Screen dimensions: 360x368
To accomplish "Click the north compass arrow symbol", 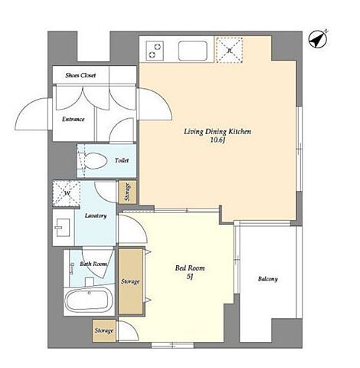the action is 318,39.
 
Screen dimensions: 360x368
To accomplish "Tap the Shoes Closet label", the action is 80,75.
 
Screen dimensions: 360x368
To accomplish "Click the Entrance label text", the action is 74,119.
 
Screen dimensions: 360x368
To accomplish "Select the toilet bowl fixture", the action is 95,161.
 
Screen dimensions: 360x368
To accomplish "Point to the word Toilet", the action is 122,160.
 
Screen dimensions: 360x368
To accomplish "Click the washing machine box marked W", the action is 67,193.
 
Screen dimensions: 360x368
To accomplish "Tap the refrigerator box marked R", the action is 229,50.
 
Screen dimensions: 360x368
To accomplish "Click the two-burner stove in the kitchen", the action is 155,51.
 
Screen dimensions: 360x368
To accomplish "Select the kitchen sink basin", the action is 193,51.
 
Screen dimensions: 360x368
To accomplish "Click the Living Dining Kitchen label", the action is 218,132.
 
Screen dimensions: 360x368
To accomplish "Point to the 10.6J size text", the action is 218,140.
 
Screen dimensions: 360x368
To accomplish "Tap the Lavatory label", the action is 96,215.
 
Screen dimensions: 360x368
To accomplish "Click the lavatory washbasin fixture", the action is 63,227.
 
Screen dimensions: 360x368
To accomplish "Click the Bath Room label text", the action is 93,264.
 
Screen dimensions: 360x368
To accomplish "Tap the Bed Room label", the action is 190,268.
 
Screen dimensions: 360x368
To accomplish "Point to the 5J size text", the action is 190,277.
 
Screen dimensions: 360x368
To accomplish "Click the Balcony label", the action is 267,279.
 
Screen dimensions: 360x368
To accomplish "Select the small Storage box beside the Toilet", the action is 127,192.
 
